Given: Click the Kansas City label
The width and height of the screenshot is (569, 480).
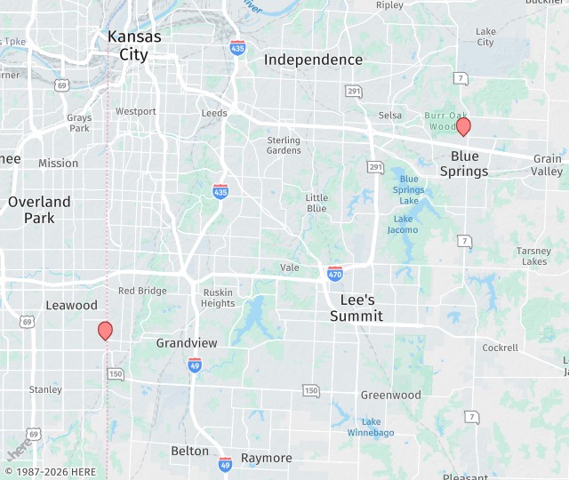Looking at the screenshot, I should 134,45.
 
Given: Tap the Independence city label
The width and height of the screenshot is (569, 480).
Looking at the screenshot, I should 314,60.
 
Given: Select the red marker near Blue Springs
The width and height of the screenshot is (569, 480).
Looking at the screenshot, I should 463,127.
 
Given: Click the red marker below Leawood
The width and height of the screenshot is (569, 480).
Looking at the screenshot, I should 105,331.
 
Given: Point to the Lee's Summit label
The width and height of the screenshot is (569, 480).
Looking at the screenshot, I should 357,308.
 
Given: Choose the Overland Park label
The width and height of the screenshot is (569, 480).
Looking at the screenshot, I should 32,210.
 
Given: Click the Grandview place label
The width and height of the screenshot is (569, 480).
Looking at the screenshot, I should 187,342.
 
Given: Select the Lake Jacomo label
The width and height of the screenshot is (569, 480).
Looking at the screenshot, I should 403,224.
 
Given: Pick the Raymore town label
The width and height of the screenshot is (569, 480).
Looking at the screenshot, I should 267,458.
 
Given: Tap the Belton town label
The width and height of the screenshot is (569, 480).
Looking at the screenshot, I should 190,451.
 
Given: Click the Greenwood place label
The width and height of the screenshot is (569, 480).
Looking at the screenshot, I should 390,395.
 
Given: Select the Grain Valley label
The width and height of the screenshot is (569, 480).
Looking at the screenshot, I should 548,164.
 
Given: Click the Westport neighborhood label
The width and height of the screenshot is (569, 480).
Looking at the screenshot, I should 135,111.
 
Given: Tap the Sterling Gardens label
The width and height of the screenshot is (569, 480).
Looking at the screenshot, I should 284,145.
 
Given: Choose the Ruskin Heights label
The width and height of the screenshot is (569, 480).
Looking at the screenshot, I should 218,298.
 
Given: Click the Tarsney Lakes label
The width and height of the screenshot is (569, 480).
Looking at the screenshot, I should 534,256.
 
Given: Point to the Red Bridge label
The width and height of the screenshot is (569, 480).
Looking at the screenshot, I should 142,291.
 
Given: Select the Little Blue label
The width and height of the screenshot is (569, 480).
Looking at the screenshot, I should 317,203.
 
